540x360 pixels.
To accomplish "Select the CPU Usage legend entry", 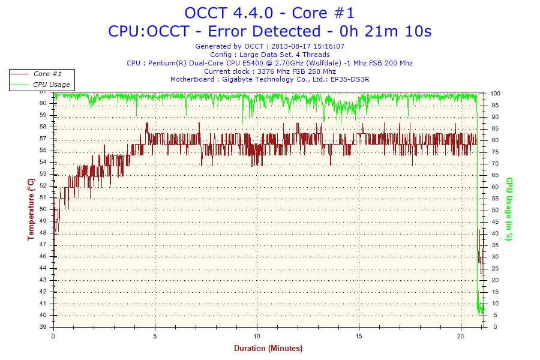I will point(50,85).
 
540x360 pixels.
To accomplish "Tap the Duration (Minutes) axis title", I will point(268,348).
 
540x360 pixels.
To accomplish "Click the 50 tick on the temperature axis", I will point(43,209).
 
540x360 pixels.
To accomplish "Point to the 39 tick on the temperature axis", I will point(43,327).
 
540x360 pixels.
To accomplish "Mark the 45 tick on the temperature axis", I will point(43,268).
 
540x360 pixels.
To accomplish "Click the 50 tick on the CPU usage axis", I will point(495,210).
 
